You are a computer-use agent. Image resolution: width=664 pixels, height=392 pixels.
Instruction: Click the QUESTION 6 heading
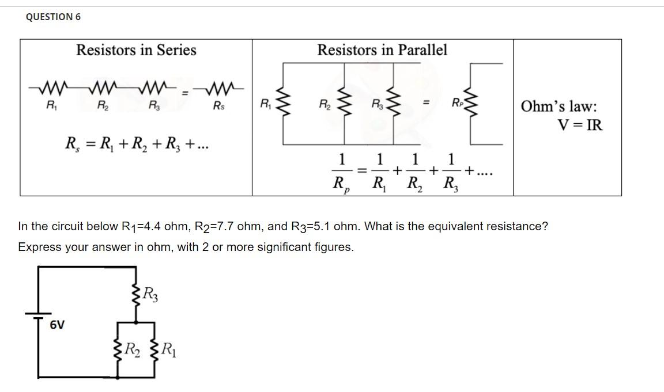[x=53, y=17]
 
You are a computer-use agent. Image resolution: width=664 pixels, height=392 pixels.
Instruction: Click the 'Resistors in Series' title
[x=136, y=50]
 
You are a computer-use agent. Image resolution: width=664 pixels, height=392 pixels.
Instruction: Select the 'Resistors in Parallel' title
[x=382, y=50]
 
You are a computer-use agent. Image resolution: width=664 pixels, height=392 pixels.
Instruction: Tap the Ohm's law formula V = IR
[x=579, y=125]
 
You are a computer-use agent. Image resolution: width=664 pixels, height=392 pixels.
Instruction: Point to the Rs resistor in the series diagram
[x=219, y=90]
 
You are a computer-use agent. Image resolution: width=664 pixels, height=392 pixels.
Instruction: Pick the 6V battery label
[x=56, y=325]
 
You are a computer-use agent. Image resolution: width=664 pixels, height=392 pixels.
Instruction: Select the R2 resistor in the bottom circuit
[x=120, y=349]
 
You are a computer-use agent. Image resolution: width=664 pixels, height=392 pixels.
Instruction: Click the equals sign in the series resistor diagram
[x=185, y=92]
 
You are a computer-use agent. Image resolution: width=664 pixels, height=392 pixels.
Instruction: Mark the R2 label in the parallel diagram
[x=325, y=104]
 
